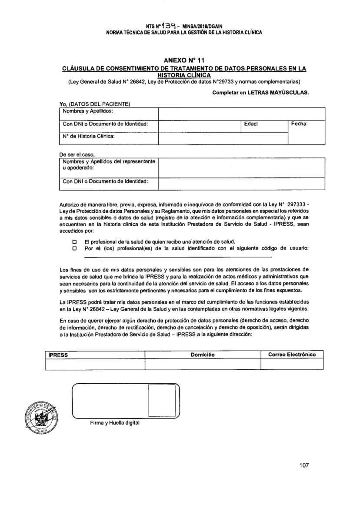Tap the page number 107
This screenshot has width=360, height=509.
point(304,465)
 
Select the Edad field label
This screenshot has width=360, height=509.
point(251,124)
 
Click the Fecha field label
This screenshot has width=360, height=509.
point(300,124)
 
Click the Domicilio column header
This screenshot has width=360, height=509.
point(203,355)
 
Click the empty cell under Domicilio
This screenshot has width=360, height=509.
point(203,364)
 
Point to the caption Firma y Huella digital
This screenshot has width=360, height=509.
point(112,422)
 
